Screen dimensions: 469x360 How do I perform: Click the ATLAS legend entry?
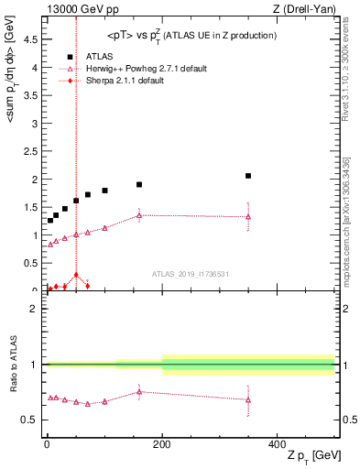click(x=98, y=57)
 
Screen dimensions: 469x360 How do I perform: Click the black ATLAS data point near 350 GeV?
click(x=248, y=175)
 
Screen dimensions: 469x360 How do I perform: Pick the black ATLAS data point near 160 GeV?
click(x=139, y=184)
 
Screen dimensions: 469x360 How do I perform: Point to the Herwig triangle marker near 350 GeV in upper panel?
click(x=248, y=217)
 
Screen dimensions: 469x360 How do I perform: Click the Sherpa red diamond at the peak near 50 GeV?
click(x=76, y=275)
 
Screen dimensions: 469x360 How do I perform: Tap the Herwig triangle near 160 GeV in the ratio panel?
click(x=139, y=392)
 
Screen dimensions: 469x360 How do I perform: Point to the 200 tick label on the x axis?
click(x=162, y=443)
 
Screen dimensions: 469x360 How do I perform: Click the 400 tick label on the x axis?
click(x=278, y=443)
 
